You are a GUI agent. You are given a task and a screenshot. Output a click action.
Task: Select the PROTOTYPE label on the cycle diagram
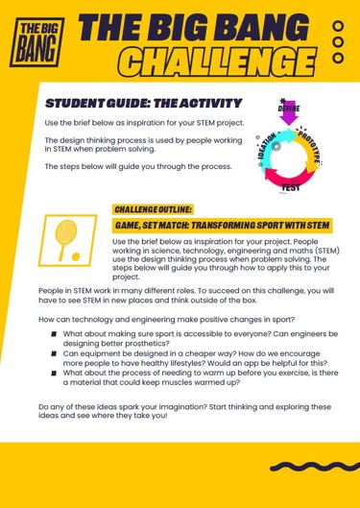[321, 149]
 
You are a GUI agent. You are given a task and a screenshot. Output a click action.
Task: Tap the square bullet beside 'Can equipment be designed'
[54, 352]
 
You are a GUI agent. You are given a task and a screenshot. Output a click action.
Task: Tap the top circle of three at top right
[338, 27]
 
